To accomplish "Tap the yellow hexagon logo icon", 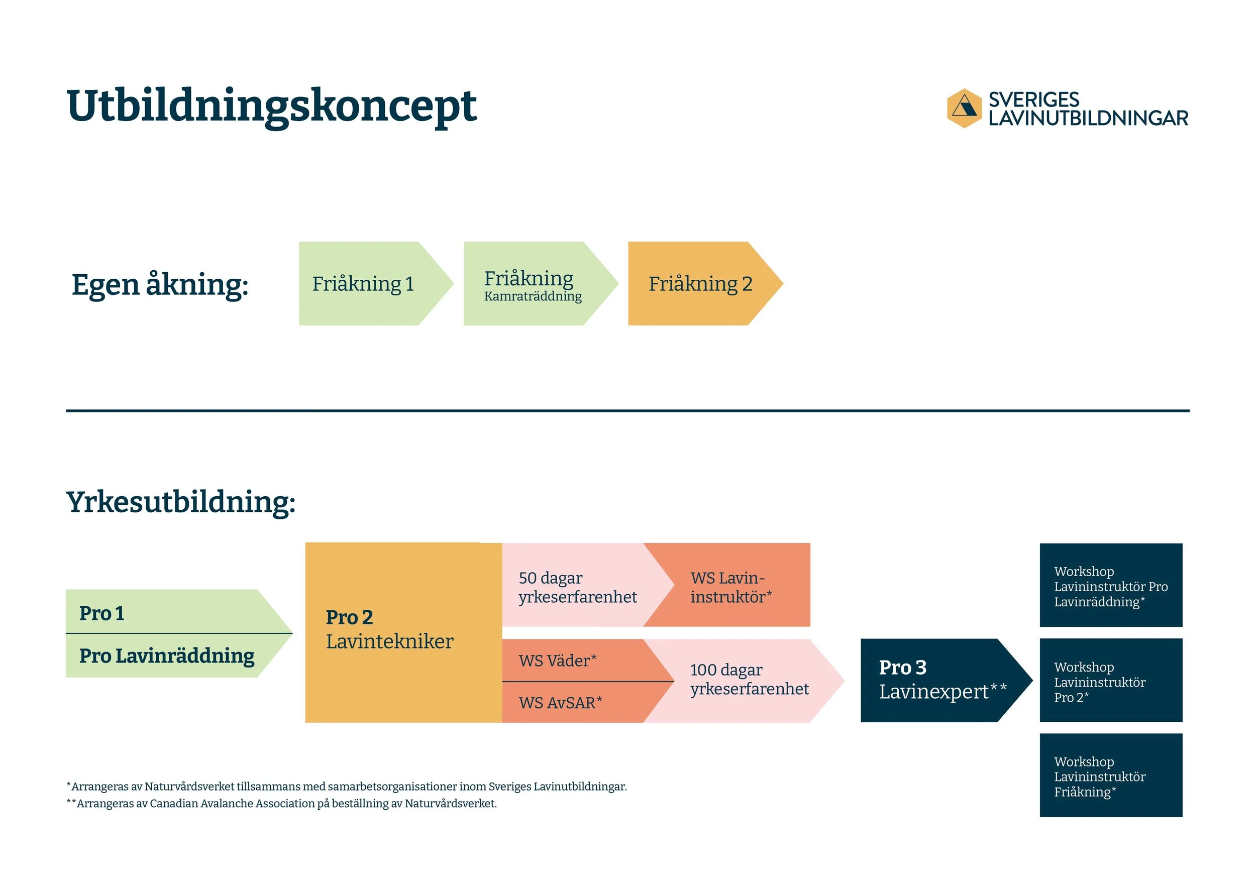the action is (x=964, y=108).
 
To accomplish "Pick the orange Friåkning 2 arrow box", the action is (x=700, y=284).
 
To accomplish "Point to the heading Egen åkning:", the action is (x=160, y=285).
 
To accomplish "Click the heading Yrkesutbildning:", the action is (x=180, y=502).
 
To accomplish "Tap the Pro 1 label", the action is (x=102, y=613).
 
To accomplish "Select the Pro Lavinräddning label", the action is (x=166, y=655).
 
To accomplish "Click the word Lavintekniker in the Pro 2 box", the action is (x=389, y=641).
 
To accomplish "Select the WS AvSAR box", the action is (x=560, y=703).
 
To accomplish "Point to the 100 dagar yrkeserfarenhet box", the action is (x=749, y=679).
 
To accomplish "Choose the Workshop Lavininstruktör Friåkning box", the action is (x=1110, y=776).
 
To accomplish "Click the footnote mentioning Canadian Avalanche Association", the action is (x=282, y=804).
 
